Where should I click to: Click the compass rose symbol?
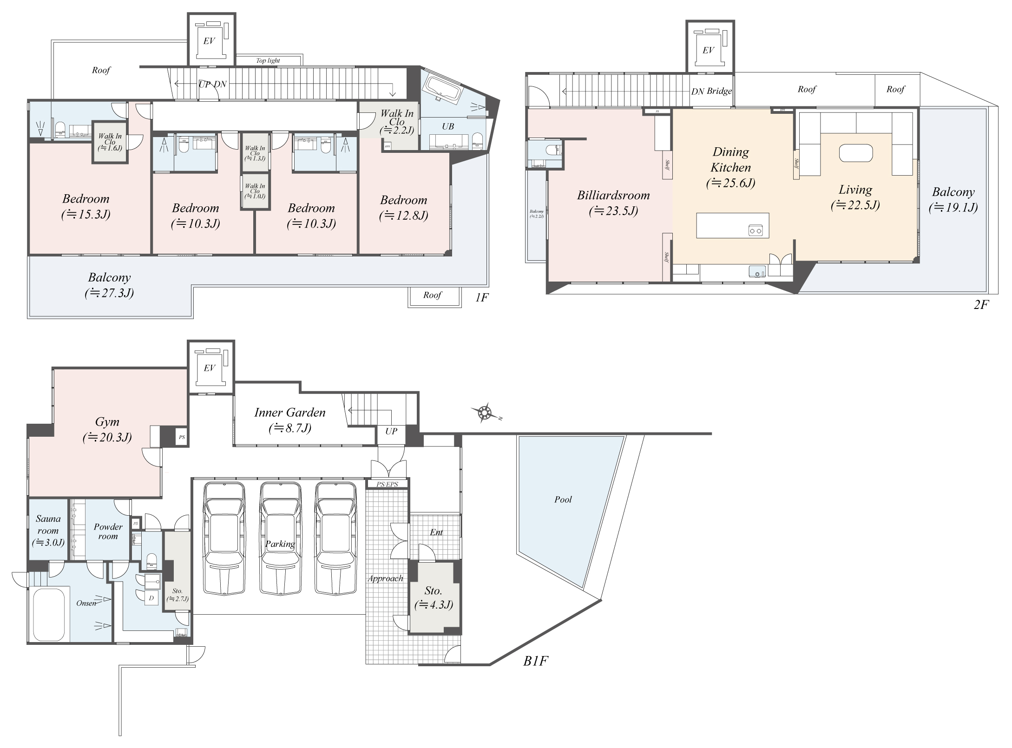[x=485, y=413]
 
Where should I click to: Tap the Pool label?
[x=563, y=499]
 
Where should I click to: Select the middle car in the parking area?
[x=280, y=539]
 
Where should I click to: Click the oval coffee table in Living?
[x=856, y=153]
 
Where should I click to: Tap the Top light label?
[x=268, y=60]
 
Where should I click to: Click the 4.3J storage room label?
[x=434, y=597]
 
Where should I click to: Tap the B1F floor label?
[x=535, y=661]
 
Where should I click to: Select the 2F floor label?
[x=981, y=305]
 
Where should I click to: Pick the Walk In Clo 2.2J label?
[x=397, y=121]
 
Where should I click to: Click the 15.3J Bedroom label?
[x=86, y=206]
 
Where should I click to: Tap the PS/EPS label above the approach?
[x=387, y=484]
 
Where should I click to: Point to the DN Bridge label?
[x=711, y=92]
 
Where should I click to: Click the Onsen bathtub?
[x=48, y=615]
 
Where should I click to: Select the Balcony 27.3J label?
[x=110, y=285]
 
